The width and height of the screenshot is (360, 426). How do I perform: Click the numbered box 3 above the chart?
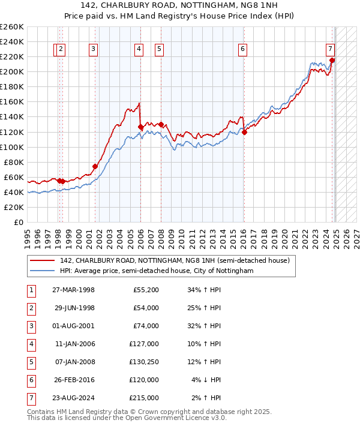pos(94,50)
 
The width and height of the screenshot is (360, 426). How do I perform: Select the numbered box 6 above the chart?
pos(242,50)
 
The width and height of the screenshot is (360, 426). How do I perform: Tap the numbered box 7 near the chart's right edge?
pos(331,50)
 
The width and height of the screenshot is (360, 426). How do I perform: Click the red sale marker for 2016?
pos(244,132)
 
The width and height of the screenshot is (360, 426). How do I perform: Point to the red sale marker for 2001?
pos(95,166)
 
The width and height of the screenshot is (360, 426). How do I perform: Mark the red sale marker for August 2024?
pos(332,60)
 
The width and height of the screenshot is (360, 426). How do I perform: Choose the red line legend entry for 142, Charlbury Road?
pos(175,260)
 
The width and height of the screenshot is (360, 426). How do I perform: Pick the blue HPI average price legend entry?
pos(157,271)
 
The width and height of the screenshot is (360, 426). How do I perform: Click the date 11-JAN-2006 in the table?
pos(74,344)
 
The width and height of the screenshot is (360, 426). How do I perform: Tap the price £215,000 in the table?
pos(145,397)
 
